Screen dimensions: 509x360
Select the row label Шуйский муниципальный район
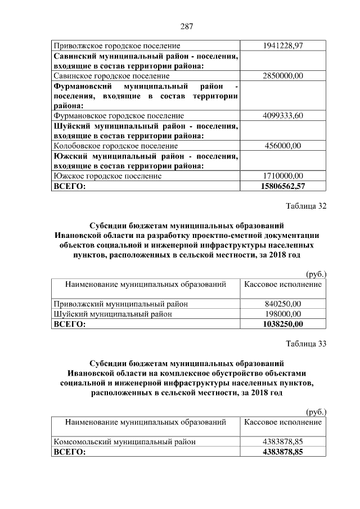point(112,314)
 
